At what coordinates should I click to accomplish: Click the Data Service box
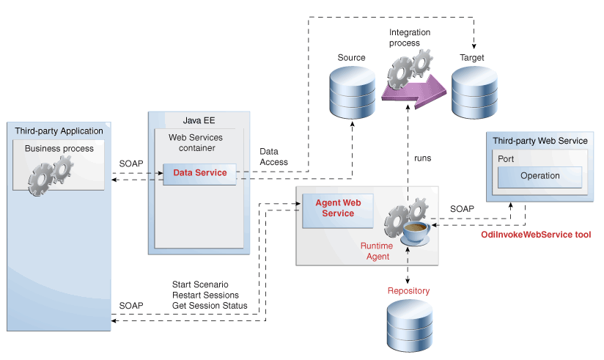pos(199,174)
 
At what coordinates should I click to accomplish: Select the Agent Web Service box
pos(334,208)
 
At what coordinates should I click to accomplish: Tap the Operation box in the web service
pos(539,176)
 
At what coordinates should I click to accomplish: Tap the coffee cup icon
pos(416,233)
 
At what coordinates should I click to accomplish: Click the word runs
pos(423,158)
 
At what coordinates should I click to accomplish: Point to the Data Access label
pos(273,157)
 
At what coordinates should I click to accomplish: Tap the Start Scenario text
pos(200,284)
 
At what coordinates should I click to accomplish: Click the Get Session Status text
pos(210,305)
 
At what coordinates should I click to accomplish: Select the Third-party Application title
pos(59,131)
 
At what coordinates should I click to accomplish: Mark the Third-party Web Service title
pos(539,140)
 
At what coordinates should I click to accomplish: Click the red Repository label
pos(408,291)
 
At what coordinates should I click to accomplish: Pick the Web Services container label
pos(196,142)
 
